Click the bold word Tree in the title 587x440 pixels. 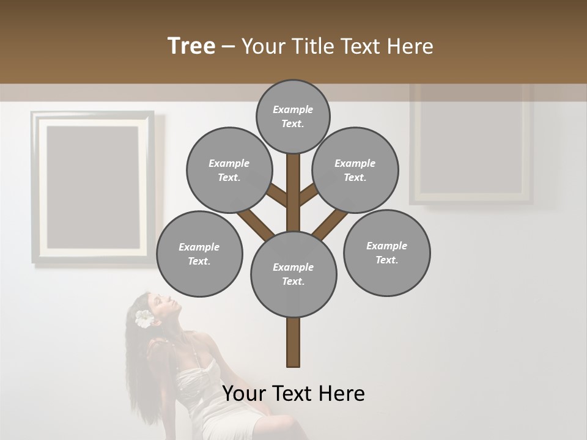(x=191, y=46)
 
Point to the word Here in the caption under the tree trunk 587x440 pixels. (x=343, y=394)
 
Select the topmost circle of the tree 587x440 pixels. (x=293, y=116)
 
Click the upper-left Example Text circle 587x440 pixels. (x=229, y=170)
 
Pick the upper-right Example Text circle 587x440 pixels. (x=355, y=170)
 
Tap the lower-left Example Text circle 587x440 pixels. (x=199, y=254)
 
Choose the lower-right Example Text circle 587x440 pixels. (x=386, y=252)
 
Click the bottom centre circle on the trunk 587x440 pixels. (x=293, y=274)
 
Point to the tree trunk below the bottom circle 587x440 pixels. (x=293, y=342)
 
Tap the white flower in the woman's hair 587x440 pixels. (x=144, y=318)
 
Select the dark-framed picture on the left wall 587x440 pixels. (x=92, y=186)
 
